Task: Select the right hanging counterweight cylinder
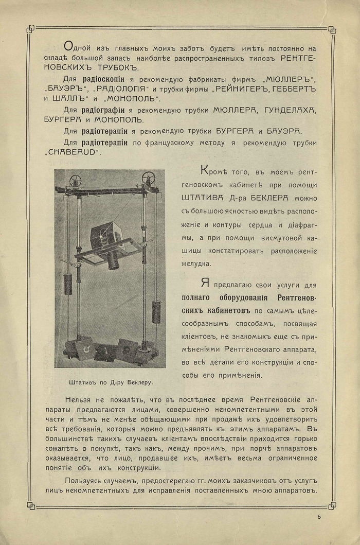click(156, 312)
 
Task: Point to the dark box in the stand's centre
click(103, 235)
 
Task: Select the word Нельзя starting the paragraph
click(79, 399)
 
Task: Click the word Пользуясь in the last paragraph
click(84, 480)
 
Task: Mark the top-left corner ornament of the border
click(30, 29)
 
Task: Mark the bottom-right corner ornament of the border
click(331, 505)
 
